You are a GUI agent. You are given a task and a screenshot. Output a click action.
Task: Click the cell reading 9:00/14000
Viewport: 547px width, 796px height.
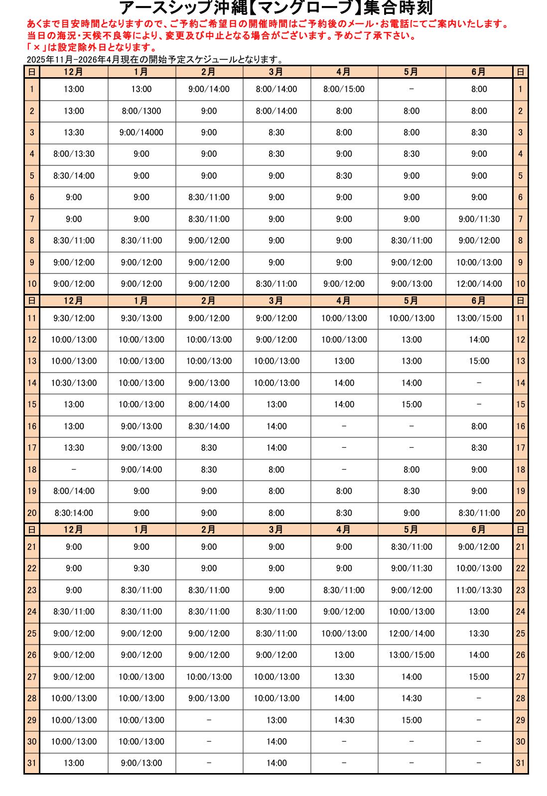point(141,133)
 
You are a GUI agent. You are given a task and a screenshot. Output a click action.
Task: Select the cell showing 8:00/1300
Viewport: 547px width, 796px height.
point(141,111)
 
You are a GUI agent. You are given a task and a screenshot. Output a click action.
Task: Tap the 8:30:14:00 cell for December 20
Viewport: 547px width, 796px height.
point(74,513)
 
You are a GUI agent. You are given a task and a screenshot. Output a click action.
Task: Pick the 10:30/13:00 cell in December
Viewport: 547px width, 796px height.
point(74,383)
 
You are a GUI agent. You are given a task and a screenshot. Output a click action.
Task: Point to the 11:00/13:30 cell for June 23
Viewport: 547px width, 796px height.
point(479,590)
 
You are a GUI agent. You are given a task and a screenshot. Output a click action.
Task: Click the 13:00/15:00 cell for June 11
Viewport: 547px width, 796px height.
point(479,318)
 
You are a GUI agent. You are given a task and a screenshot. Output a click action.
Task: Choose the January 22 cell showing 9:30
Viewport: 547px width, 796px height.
point(141,568)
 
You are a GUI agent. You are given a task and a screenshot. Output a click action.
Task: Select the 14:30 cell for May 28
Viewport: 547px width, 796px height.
point(411,698)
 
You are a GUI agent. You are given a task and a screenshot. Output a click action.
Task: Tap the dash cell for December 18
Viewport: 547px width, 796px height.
point(74,470)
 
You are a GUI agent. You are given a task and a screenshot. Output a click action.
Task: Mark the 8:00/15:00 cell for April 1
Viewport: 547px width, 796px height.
point(344,89)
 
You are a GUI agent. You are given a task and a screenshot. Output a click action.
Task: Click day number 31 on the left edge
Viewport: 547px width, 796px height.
point(32,763)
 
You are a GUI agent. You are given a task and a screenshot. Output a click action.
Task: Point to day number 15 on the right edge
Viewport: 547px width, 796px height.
point(521,404)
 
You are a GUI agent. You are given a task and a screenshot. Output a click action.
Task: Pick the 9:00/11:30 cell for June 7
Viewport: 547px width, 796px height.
point(479,219)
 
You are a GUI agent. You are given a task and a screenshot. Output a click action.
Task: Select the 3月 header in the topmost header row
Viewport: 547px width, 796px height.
point(276,72)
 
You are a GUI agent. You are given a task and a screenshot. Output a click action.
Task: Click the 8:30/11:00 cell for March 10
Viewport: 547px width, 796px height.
point(276,284)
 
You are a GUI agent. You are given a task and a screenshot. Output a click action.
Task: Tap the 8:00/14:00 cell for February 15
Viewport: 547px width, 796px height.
point(209,404)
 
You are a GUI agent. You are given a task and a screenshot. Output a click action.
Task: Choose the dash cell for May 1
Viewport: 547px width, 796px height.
point(411,89)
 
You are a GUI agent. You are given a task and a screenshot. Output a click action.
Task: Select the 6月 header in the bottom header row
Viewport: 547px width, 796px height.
point(479,530)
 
